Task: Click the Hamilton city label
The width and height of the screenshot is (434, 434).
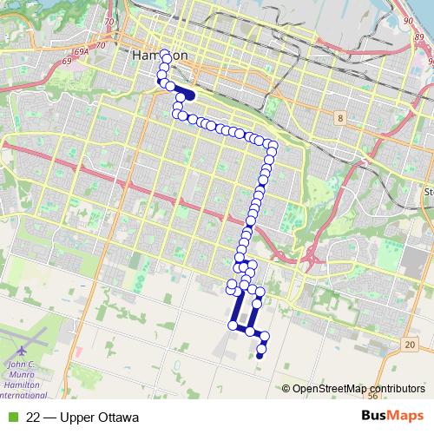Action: click(x=160, y=55)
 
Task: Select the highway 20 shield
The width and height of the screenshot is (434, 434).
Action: click(x=409, y=345)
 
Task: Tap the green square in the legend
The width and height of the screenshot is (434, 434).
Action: click(x=11, y=418)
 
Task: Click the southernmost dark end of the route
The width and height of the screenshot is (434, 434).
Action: click(x=260, y=355)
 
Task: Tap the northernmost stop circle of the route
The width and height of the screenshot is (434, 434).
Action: click(x=165, y=54)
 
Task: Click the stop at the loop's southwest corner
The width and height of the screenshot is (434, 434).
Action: click(x=233, y=325)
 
